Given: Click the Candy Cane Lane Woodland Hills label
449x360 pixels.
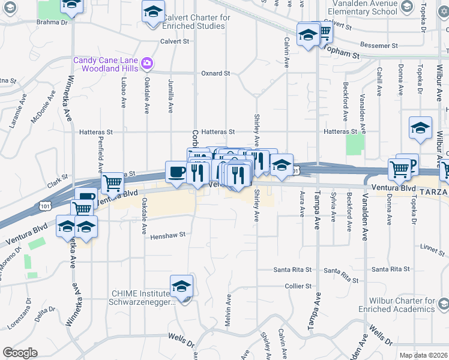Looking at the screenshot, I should pos(105,64).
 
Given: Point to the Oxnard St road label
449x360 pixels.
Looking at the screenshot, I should pos(215,73).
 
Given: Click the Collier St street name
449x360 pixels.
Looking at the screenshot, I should pos(298,286).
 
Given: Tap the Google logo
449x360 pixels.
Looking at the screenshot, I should pos(20,353).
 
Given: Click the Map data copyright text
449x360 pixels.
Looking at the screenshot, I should pos(423,355).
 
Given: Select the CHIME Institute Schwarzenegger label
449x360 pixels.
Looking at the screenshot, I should pos(142,298).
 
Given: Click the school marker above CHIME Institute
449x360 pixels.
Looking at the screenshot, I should pos(181,286).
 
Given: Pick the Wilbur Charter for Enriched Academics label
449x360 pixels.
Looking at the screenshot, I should pos(394,304).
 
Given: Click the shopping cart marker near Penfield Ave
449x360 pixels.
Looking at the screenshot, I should pos(112,182).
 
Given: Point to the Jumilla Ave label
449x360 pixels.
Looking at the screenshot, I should pos(171,98).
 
